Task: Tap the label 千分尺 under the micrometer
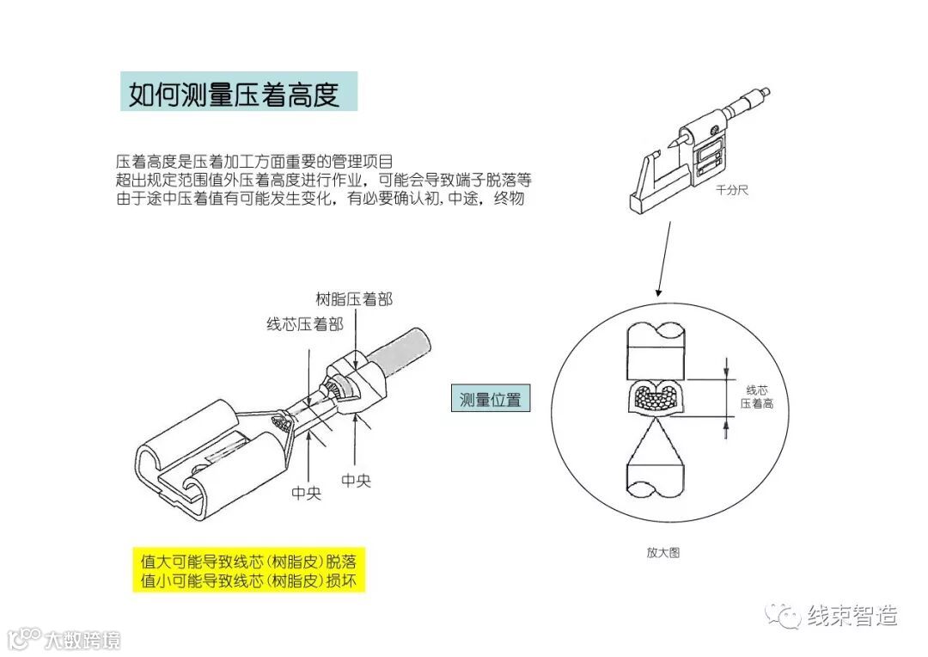pos(732,190)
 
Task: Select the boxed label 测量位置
pos(490,400)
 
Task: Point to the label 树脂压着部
pos(355,298)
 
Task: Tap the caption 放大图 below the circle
pos(662,553)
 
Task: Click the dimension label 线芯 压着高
pos(756,396)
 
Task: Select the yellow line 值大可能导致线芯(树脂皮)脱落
pos(248,562)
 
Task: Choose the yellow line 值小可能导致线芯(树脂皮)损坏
pos(248,581)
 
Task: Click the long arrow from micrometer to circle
pos(662,258)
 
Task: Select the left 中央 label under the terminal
pos(306,494)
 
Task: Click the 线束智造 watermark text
pos(852,616)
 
